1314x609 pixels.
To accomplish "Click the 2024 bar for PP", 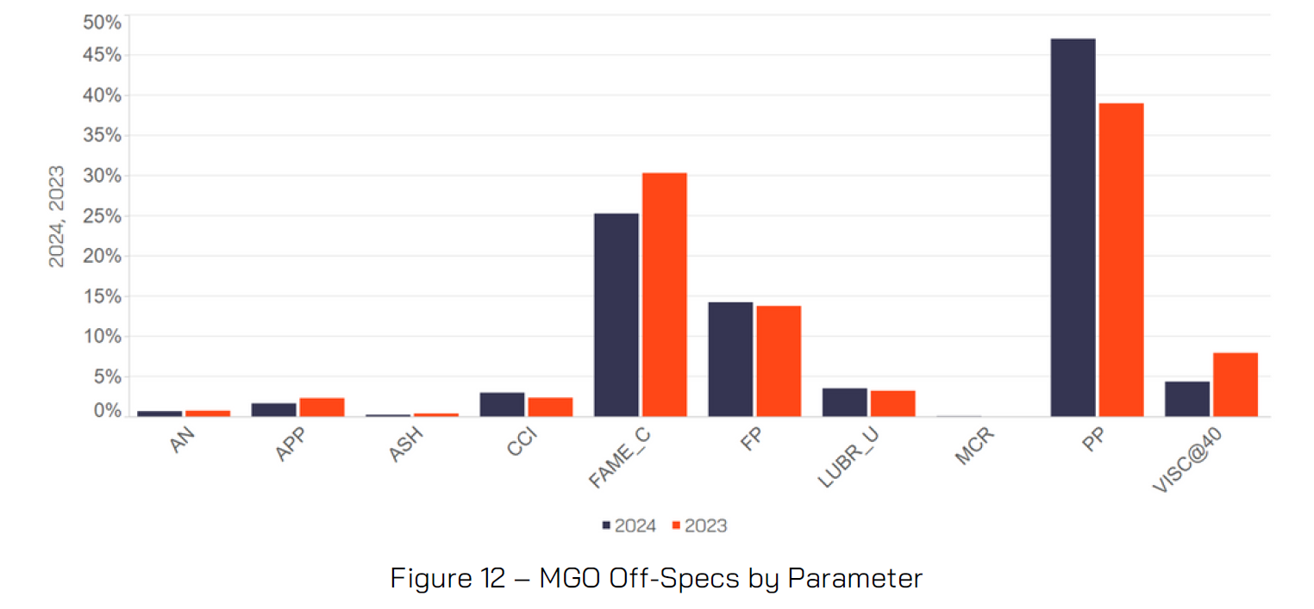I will click(x=1073, y=227).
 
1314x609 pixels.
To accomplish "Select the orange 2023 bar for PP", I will click(x=1121, y=259).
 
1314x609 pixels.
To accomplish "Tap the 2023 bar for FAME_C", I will click(x=664, y=295).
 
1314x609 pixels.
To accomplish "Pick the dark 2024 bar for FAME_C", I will click(x=616, y=314).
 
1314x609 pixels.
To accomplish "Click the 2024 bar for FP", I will click(x=730, y=359).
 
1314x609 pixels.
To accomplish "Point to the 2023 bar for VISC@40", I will click(x=1235, y=384).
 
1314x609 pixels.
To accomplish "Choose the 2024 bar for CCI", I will click(x=502, y=405).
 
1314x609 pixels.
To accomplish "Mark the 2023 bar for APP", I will click(x=322, y=407).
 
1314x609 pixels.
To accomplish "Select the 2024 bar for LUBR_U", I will click(x=845, y=402).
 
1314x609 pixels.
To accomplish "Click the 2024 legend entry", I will click(x=629, y=525).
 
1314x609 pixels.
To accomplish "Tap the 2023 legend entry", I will click(x=700, y=525).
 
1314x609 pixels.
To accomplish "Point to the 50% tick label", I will click(x=101, y=22).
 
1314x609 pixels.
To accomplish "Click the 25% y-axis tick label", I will click(x=101, y=215).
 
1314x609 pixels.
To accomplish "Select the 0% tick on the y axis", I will click(x=107, y=411).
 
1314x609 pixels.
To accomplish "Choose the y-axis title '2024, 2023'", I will click(x=57, y=215).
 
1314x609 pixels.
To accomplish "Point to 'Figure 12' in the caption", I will click(x=447, y=578).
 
